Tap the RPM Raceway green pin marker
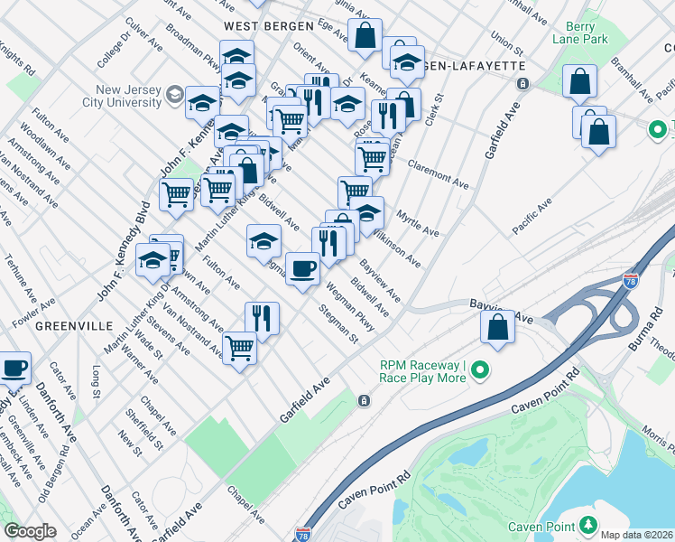pos(480,370)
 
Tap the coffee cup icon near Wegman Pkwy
pos(302,268)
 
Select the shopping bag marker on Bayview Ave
pos(497,327)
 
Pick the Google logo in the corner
pos(30,531)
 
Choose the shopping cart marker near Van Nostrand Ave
pos(239,346)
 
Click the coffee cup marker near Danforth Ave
pos(14,368)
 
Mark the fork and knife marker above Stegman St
pos(262,318)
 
